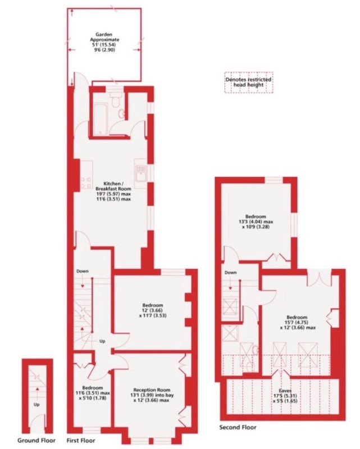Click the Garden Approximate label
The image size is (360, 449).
pyautogui.click(x=104, y=42)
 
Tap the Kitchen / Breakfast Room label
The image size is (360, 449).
pyautogui.click(x=113, y=191)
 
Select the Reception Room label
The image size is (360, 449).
pyautogui.click(x=152, y=395)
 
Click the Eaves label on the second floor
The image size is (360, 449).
pyautogui.click(x=285, y=396)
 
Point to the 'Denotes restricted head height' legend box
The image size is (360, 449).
pyautogui.click(x=248, y=82)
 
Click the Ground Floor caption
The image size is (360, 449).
pyautogui.click(x=37, y=440)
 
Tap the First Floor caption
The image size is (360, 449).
pyautogui.click(x=81, y=440)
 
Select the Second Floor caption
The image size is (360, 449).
pyautogui.click(x=238, y=427)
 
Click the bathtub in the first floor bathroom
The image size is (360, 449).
pyautogui.click(x=100, y=118)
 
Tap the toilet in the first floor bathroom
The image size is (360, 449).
pyautogui.click(x=116, y=99)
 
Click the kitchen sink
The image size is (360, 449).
pyautogui.click(x=141, y=173)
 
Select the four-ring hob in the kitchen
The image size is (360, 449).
pyautogui.click(x=86, y=183)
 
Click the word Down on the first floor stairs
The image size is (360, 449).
pyautogui.click(x=83, y=271)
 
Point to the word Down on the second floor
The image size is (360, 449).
pyautogui.click(x=230, y=272)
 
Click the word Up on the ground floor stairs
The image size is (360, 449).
pyautogui.click(x=37, y=405)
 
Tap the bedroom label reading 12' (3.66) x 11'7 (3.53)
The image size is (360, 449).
pyautogui.click(x=153, y=310)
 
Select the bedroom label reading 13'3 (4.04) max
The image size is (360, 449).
pyautogui.click(x=256, y=221)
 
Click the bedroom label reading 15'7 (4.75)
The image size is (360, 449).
pyautogui.click(x=297, y=322)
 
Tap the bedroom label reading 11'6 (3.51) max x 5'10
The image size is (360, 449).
pyautogui.click(x=92, y=393)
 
